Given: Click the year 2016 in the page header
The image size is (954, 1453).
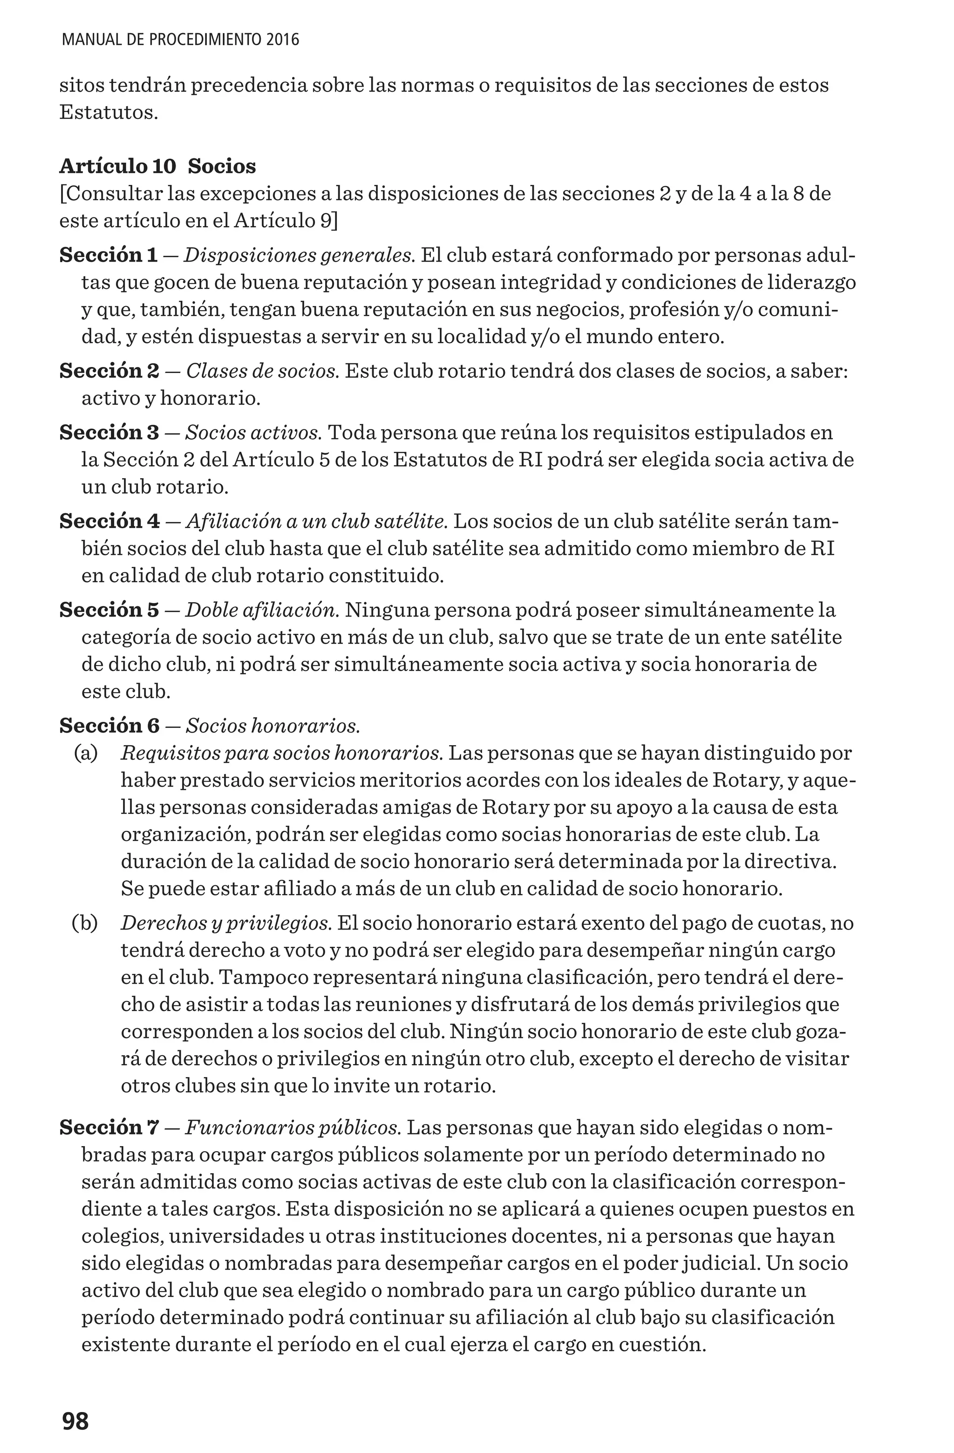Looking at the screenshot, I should pyautogui.click(x=283, y=41).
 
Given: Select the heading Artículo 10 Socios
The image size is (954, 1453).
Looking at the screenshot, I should pyautogui.click(x=157, y=166).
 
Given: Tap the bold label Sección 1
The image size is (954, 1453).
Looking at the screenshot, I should pyautogui.click(x=108, y=255).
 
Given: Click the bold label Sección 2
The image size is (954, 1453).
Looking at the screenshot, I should pyautogui.click(x=109, y=371).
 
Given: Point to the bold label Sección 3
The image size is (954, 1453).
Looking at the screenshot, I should pyautogui.click(x=109, y=432).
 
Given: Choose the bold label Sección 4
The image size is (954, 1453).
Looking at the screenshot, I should pyautogui.click(x=109, y=522).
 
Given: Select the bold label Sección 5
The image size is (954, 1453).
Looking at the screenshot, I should pyautogui.click(x=109, y=610).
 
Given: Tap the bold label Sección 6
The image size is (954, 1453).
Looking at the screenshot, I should pyautogui.click(x=109, y=726).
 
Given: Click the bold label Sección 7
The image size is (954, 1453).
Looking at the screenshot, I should pyautogui.click(x=109, y=1127).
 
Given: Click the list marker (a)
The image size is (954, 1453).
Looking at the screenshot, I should pyautogui.click(x=86, y=754).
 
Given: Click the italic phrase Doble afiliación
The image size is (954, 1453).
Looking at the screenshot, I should pyautogui.click(x=262, y=610).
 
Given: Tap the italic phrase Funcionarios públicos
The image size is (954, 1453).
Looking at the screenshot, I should pyautogui.click(x=293, y=1127).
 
